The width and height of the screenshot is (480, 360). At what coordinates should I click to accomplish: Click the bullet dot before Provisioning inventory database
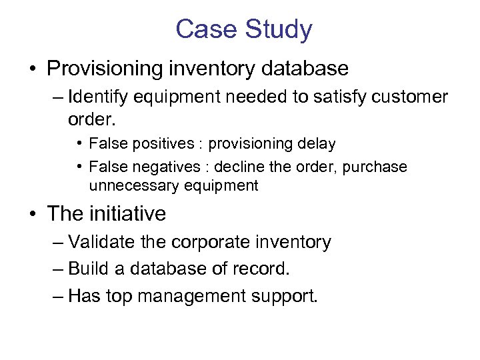pos(32,69)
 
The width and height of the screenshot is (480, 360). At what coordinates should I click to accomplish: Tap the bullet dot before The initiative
pos(32,215)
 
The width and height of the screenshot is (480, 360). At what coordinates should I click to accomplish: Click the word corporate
pos(203,242)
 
